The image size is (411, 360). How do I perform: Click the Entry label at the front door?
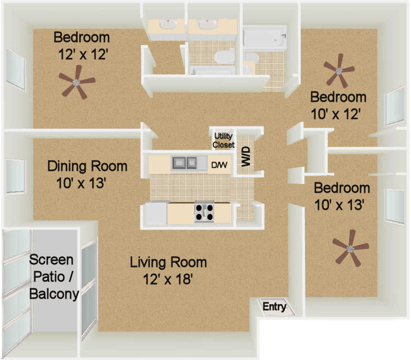274,306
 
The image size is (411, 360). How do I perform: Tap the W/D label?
246,157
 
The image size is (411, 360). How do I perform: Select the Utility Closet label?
223,140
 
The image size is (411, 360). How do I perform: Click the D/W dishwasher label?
219,165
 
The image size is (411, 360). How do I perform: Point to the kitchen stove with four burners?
204,212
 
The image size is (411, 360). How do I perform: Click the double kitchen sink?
184,163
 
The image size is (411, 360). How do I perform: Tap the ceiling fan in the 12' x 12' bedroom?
76,82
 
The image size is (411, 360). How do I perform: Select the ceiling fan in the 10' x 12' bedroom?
339,71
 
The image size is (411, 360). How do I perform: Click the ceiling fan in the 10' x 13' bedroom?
350,249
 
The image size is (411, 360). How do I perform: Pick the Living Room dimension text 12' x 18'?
168,279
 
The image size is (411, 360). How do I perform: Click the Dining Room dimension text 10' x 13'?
81,183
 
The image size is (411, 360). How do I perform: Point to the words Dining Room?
87,166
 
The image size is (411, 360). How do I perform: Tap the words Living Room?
168,262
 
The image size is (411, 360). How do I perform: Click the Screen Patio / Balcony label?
54,277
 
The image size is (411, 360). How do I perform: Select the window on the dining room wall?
15,176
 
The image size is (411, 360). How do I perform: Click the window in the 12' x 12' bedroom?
16,70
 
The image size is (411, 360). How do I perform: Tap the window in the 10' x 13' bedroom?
395,206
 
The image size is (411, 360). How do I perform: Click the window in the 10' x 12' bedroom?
395,105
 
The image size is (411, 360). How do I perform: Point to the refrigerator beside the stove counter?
156,213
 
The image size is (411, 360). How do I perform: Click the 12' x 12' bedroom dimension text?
83,55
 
